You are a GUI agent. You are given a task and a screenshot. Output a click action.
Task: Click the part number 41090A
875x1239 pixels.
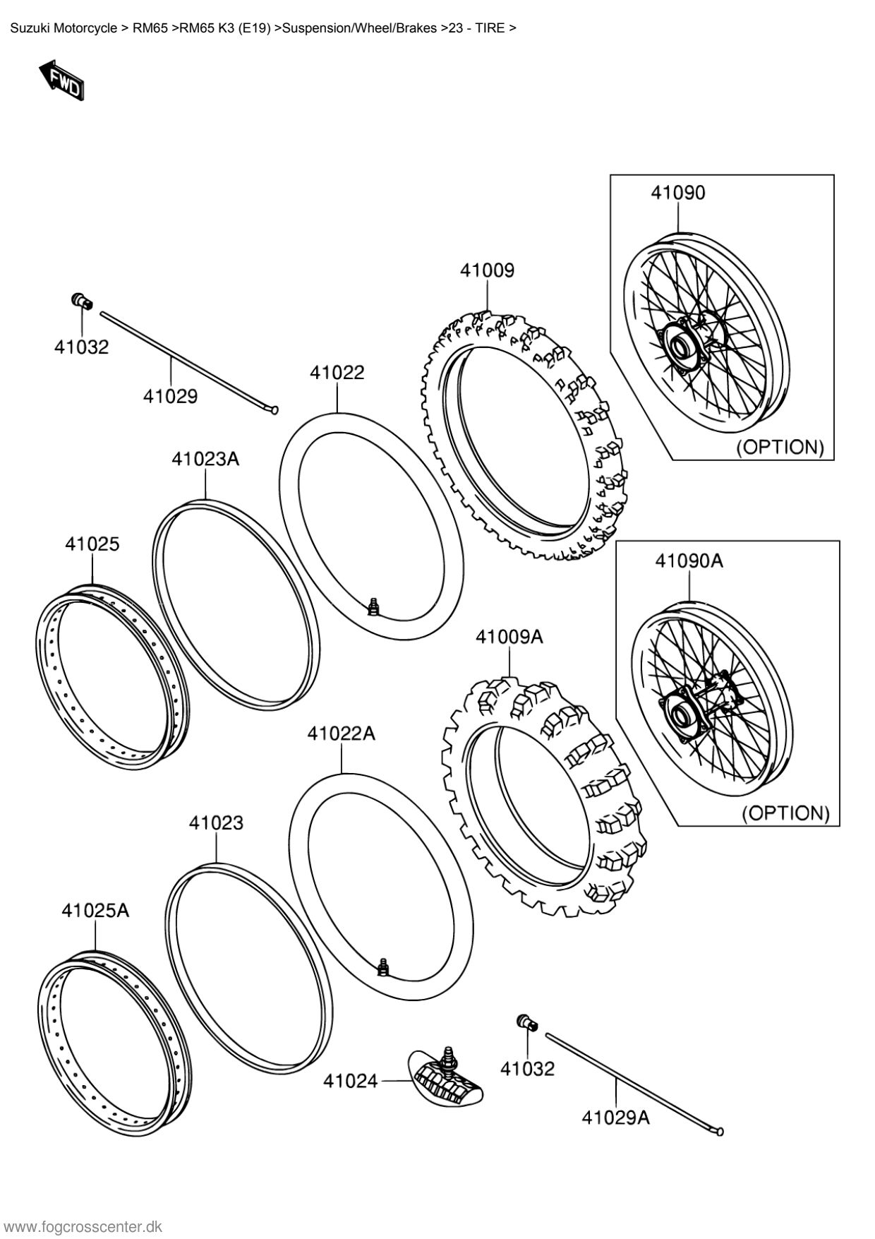point(689,561)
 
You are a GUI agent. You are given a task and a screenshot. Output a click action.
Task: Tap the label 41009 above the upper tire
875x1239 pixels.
point(488,270)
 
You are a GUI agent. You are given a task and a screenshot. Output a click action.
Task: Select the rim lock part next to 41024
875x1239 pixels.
point(447,1079)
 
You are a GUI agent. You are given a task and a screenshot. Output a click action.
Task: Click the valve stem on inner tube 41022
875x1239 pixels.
point(374,605)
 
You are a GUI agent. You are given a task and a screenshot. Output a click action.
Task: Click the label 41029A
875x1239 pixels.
point(615,1117)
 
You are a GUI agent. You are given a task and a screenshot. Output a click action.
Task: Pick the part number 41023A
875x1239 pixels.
point(205,460)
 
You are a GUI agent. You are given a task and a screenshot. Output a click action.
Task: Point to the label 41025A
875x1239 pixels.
point(95,911)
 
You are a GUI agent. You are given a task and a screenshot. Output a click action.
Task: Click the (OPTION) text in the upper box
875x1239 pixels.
point(780,447)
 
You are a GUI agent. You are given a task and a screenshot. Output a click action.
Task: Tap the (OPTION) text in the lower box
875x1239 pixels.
point(785,813)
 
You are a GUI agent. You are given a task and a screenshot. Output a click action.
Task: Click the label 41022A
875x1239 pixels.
point(341,734)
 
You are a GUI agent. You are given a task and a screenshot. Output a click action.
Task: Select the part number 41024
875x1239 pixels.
point(351,1081)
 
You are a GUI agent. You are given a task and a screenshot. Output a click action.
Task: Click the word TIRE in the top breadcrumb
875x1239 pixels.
point(490,29)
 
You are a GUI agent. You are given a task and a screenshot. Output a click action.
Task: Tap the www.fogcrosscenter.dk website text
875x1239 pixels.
point(83,1227)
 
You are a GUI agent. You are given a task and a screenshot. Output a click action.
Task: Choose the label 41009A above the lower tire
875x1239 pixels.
point(509,637)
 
